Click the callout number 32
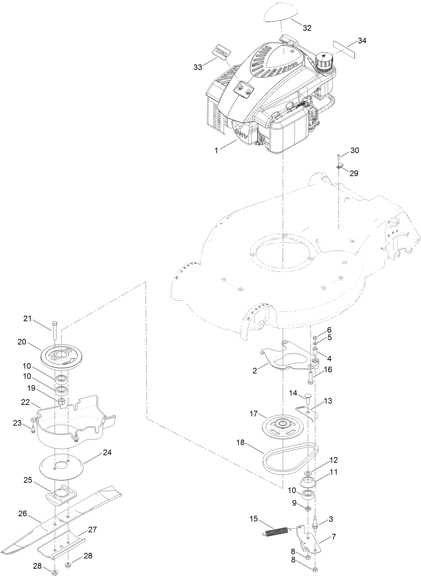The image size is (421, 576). pyautogui.click(x=307, y=28)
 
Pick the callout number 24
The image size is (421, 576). pyautogui.click(x=107, y=453)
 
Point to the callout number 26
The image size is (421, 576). pyautogui.click(x=22, y=514)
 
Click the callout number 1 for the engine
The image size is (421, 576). pyautogui.click(x=216, y=150)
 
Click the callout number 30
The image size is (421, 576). pyautogui.click(x=355, y=150)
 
